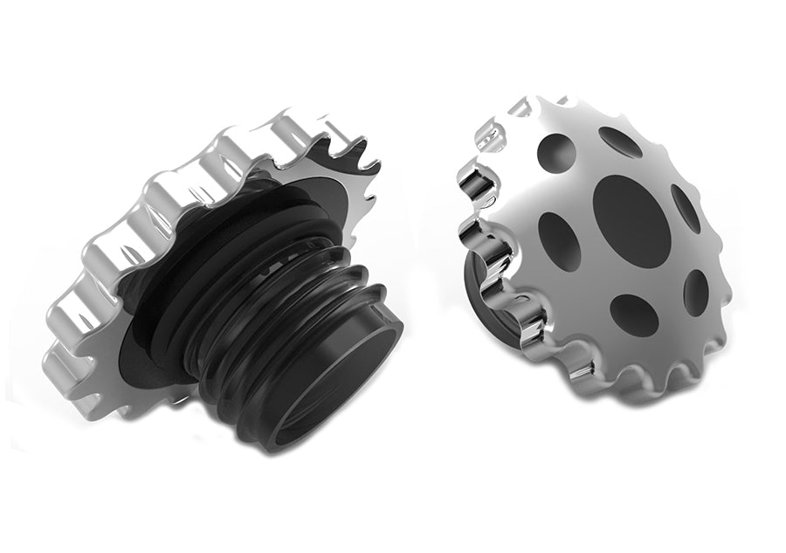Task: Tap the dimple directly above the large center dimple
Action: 621,142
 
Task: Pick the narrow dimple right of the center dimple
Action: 686,208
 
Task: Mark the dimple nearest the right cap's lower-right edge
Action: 696,291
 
